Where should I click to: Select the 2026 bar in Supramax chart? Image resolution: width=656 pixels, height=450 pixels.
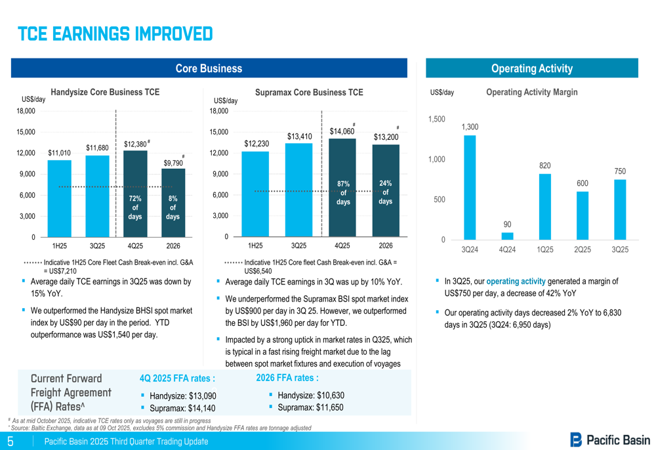386,191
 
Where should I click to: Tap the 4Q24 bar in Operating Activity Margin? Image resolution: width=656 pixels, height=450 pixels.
507,236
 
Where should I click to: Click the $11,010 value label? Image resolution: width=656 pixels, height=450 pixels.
59,153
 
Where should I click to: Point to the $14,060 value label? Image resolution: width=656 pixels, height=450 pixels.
342,132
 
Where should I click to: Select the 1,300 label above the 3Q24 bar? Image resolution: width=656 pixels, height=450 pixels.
470,127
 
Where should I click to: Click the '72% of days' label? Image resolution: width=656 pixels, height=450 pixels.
135,207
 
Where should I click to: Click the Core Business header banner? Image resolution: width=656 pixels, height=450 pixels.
209,68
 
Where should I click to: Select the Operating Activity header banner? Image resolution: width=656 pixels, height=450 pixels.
531,68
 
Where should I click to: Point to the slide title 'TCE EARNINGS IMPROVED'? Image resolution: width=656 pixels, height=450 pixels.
115,34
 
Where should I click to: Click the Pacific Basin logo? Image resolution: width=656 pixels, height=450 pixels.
610,440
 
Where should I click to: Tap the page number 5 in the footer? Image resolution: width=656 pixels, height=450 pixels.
10,441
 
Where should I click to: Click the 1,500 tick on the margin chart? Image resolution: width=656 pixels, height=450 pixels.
436,119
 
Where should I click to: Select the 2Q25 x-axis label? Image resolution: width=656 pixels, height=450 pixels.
583,250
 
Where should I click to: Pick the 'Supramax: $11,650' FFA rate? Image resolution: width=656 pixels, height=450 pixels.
310,407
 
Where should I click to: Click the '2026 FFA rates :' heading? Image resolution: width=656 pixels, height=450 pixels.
287,378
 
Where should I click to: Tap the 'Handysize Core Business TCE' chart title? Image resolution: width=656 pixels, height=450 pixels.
105,93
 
